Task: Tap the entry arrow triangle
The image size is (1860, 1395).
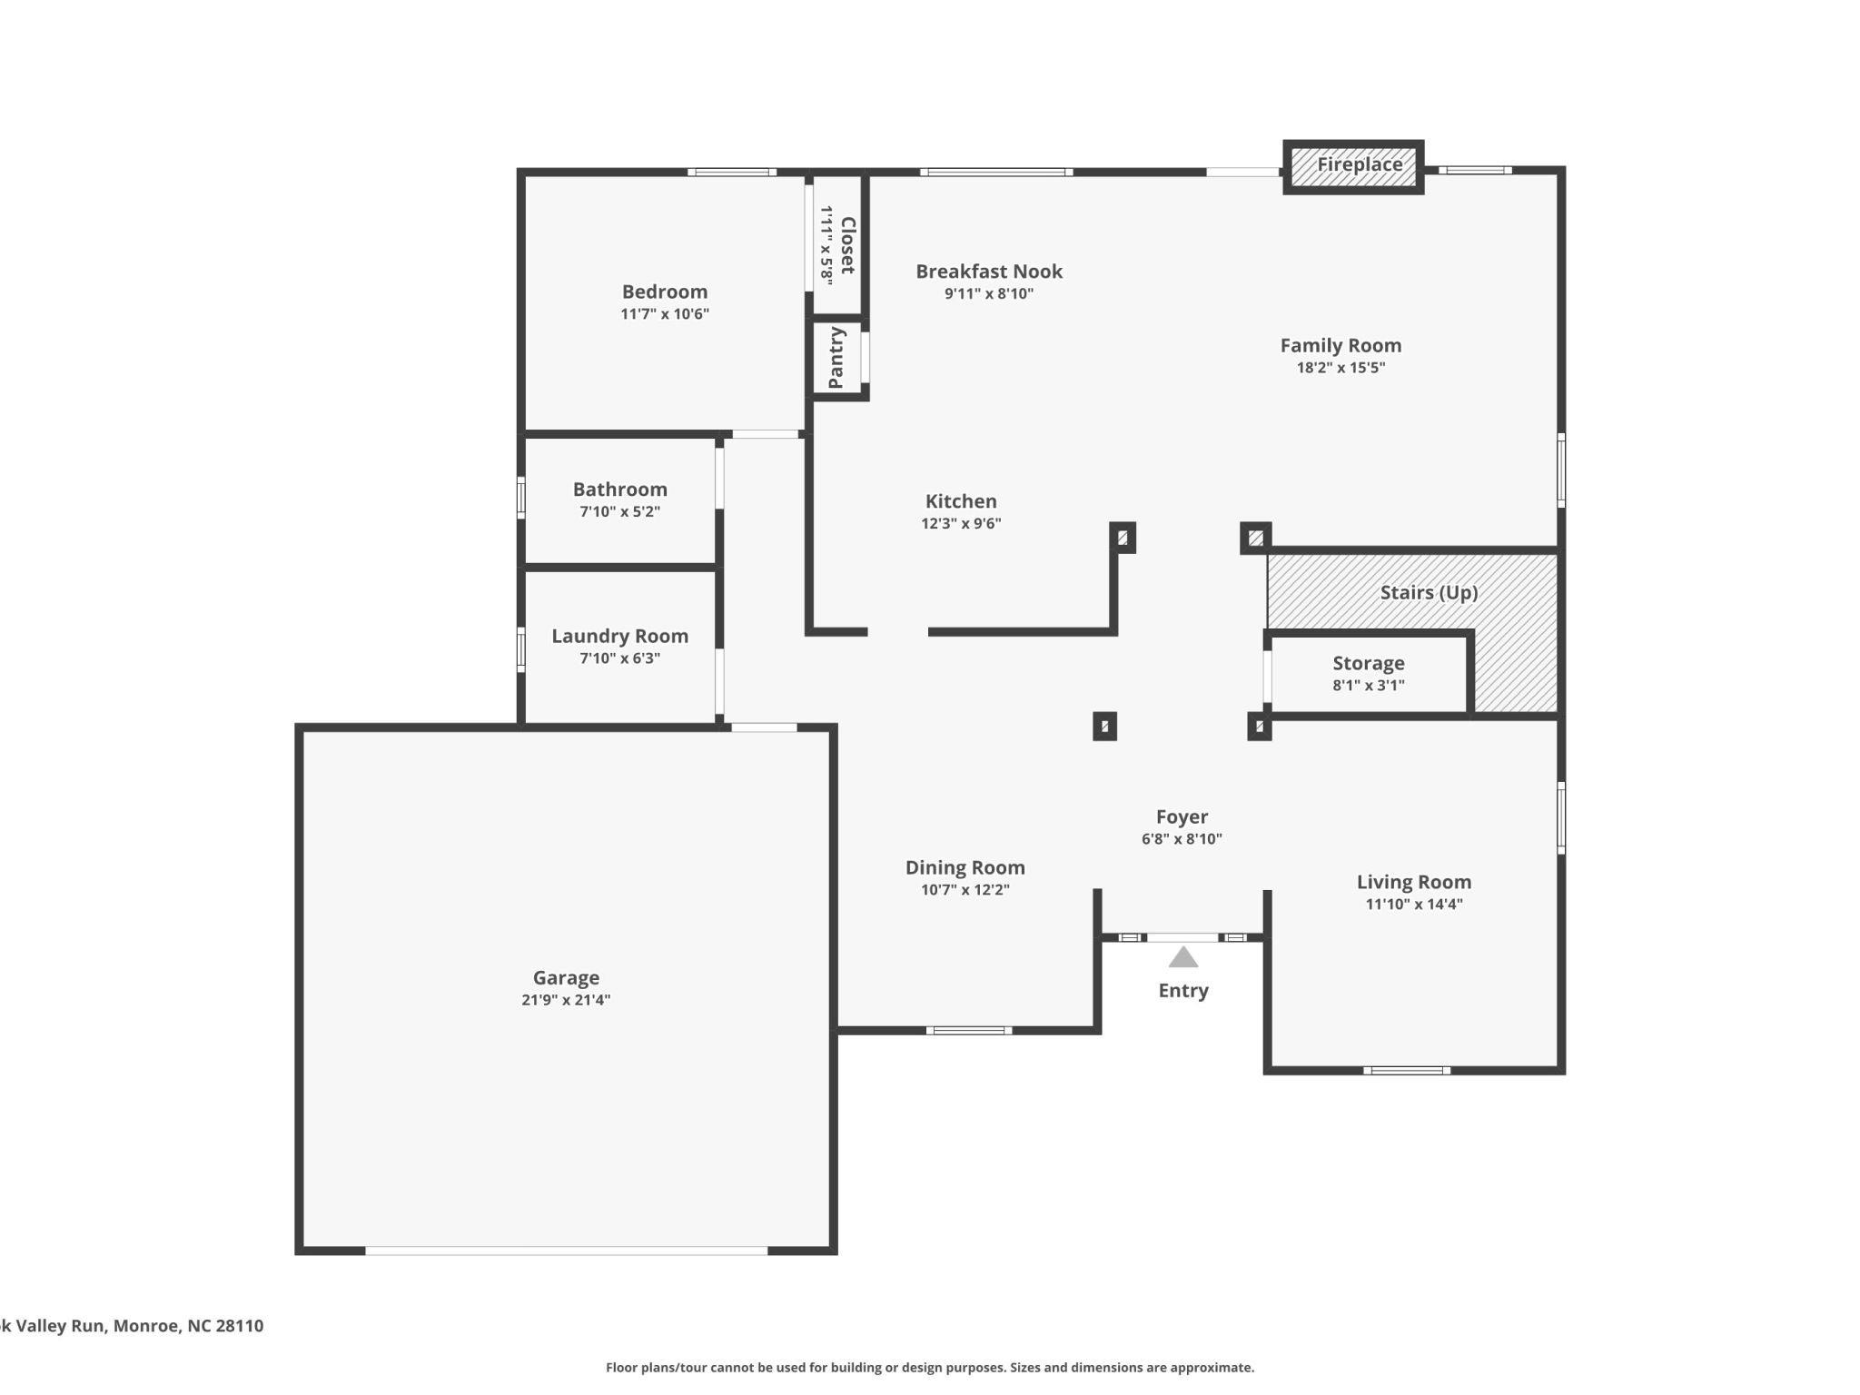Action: click(1182, 957)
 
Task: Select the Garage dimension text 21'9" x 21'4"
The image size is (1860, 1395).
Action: click(566, 1000)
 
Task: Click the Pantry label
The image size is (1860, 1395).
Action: click(836, 358)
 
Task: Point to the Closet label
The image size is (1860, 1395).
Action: click(847, 245)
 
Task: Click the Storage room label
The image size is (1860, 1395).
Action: click(1368, 663)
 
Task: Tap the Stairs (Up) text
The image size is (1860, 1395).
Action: click(1429, 593)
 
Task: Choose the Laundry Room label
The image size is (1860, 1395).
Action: click(619, 636)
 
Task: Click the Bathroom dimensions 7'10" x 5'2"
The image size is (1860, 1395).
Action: click(619, 511)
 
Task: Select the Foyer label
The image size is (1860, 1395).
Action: click(1182, 816)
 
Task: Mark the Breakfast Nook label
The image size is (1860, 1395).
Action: click(988, 272)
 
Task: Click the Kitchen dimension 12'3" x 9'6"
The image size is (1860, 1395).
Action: click(961, 523)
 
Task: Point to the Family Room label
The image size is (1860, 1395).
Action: click(1341, 345)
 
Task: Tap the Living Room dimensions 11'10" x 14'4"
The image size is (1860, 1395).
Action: click(1413, 904)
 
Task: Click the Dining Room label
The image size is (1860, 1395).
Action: click(965, 867)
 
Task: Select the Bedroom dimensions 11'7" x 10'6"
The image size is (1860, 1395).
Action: click(664, 314)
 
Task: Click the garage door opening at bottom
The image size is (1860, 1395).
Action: click(566, 1251)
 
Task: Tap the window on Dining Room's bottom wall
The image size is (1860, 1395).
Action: click(968, 1030)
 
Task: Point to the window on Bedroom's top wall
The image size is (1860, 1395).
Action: click(731, 172)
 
